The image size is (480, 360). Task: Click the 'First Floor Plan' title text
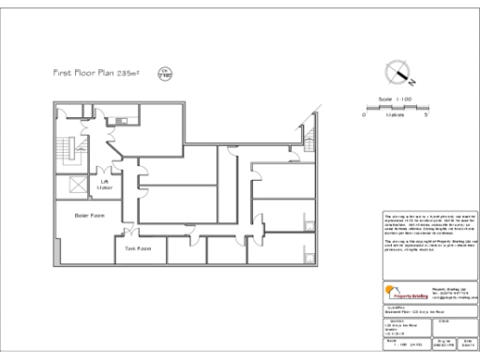[x=89, y=72]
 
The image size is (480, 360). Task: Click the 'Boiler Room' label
[x=89, y=215]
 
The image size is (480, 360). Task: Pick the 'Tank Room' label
[x=138, y=248]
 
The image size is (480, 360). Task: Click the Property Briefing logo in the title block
[x=405, y=292]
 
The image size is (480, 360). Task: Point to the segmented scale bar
[x=394, y=106]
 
